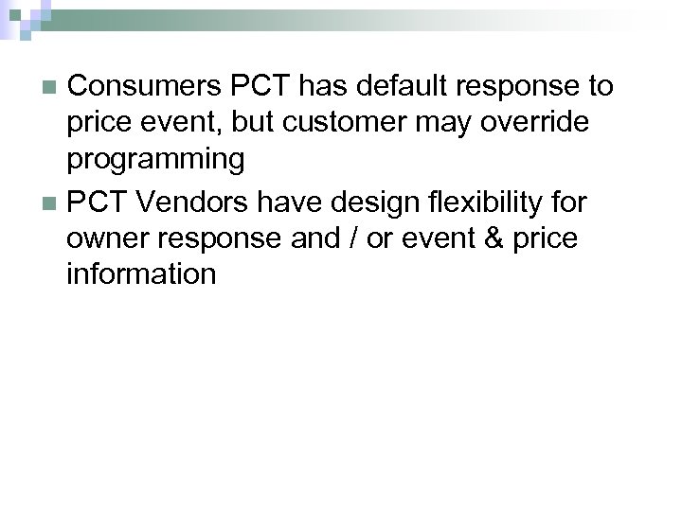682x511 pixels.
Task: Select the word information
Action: [141, 274]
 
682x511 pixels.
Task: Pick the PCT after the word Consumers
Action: [263, 87]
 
